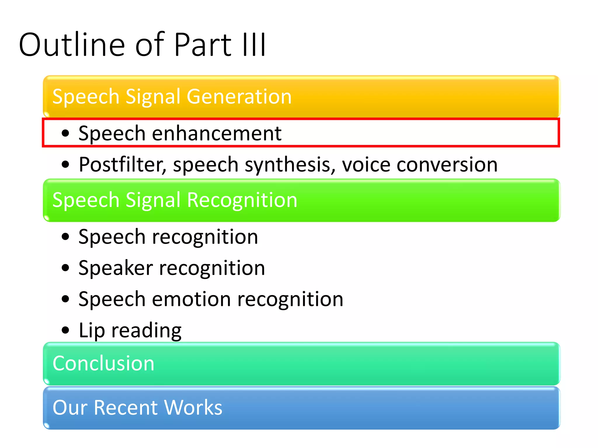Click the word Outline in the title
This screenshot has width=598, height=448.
point(72,45)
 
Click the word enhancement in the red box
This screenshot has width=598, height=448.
point(217,134)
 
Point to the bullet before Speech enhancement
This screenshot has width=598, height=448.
point(66,134)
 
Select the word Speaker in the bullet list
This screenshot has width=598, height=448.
point(116,268)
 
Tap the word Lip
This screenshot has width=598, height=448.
point(92,331)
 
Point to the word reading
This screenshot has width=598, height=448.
point(146,331)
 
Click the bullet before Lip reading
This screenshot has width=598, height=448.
point(66,330)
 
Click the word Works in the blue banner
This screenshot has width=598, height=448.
point(193,407)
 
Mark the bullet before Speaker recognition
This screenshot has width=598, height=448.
point(66,268)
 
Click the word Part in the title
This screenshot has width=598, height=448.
point(203,45)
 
